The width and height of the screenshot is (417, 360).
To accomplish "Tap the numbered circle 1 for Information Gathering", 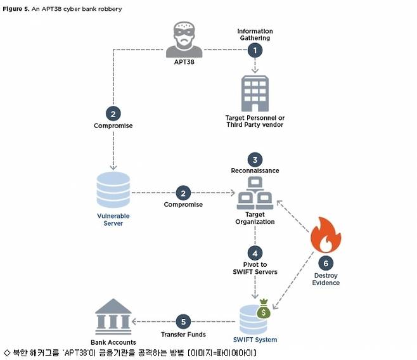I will coord(255,49).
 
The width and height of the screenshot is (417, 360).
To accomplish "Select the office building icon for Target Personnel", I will coord(255,93).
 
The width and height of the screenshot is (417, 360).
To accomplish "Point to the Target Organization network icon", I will coord(255,194).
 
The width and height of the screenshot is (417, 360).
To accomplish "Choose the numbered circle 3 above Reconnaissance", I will coord(255,159).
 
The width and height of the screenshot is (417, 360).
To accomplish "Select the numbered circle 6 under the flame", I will coord(326,261).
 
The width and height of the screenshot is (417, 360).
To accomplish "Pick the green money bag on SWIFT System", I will coord(263,310).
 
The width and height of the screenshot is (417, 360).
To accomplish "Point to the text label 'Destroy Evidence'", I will coord(326,279).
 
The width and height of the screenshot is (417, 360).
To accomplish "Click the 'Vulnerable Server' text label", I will coord(113,219).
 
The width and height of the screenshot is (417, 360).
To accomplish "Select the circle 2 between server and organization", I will coord(183,192).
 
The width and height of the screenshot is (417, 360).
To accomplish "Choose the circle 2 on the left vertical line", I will coord(113,113).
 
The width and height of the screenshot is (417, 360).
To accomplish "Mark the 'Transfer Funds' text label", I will coord(183,334).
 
